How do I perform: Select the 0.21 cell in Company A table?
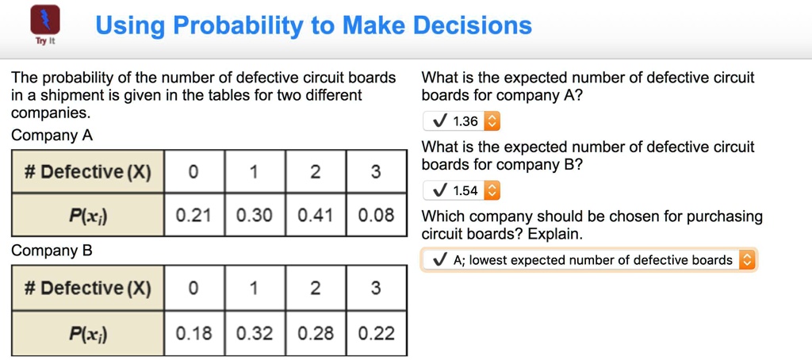pyautogui.click(x=193, y=215)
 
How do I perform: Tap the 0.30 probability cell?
pyautogui.click(x=255, y=215)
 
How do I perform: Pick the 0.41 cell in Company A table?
pyautogui.click(x=315, y=215)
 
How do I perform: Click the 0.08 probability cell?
pyautogui.click(x=376, y=215)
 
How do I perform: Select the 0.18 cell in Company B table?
pyautogui.click(x=193, y=334)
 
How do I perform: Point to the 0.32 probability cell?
pyautogui.click(x=255, y=334)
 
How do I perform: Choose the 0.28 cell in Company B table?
pyautogui.click(x=315, y=334)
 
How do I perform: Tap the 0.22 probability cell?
pyautogui.click(x=376, y=334)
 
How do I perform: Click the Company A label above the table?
pyautogui.click(x=52, y=136)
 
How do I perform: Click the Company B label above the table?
pyautogui.click(x=52, y=251)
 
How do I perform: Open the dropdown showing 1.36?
pyautogui.click(x=462, y=121)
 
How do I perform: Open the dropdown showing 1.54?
pyautogui.click(x=462, y=190)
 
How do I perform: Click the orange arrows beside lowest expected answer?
pyautogui.click(x=747, y=260)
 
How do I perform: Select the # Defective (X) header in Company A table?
pyautogui.click(x=87, y=172)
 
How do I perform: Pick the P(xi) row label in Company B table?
pyautogui.click(x=87, y=334)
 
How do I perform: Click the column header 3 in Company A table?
pyautogui.click(x=376, y=172)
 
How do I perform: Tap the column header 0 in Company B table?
pyautogui.click(x=193, y=288)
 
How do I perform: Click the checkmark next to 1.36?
pyautogui.click(x=439, y=121)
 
